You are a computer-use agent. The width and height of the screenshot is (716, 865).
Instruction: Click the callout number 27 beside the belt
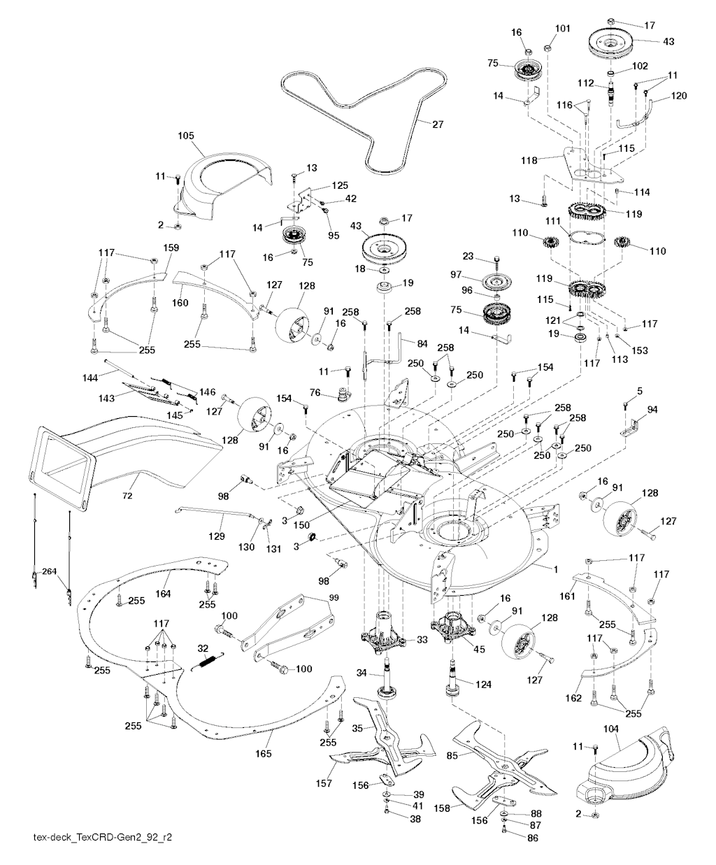tap(438, 125)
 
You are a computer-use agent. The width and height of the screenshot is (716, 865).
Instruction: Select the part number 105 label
tap(186, 135)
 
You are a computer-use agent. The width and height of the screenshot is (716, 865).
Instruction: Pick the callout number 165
tap(264, 755)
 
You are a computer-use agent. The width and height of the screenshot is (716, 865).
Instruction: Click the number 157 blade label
tap(324, 785)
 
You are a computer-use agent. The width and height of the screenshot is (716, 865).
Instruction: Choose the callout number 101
tap(563, 29)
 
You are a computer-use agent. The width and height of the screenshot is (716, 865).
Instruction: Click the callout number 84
tap(421, 343)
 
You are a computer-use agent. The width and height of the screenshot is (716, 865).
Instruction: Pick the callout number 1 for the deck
tap(556, 570)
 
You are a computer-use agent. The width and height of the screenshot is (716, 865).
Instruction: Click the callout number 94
tap(652, 409)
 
